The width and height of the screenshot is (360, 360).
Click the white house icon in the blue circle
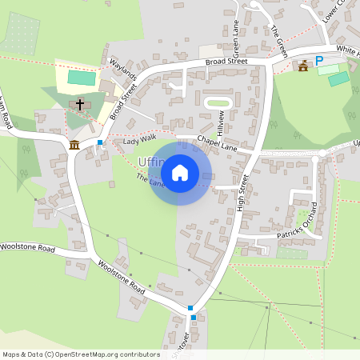[x=180, y=172]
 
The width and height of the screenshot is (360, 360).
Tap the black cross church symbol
[x=80, y=105]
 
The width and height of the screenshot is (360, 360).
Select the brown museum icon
[x=74, y=144]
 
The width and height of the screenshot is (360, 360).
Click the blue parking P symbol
[x=318, y=61]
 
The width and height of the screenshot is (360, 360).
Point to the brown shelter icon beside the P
[x=302, y=66]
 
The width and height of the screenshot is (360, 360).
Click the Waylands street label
[x=123, y=71]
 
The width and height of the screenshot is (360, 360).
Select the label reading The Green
[x=278, y=40]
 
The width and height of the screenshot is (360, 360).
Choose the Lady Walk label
[x=139, y=142]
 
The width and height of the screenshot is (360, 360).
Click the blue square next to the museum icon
[x=100, y=142]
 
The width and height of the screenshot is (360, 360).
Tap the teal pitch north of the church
[x=80, y=78]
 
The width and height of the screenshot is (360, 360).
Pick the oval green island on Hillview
[x=218, y=103]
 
